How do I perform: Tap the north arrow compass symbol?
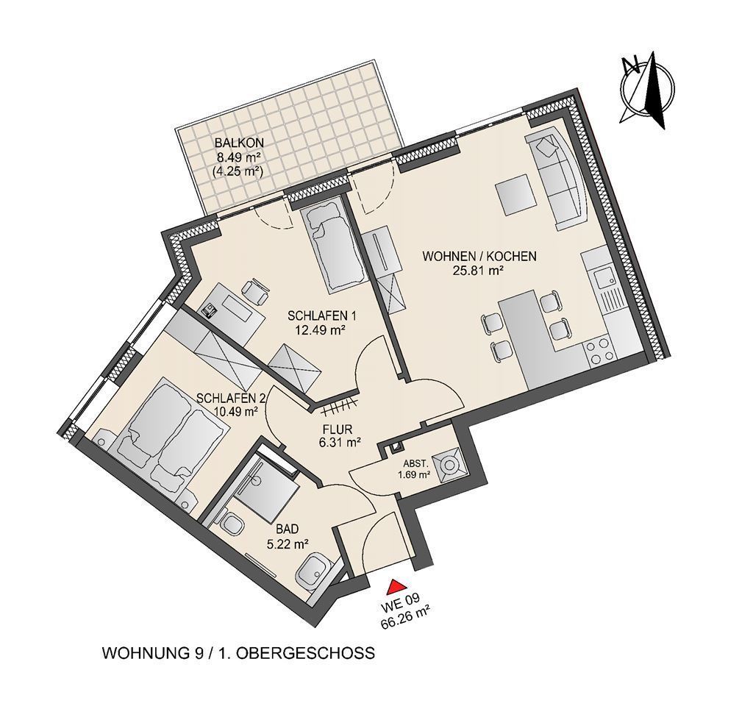pos(644,90)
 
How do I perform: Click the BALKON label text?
pos(239,143)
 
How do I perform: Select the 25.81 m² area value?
pos(479,271)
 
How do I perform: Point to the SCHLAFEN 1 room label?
pos(321,316)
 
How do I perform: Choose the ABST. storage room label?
pos(413,463)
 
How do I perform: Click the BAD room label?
pos(288,529)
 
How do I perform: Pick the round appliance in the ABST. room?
pos(450,465)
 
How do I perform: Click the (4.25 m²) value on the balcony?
pos(238,171)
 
